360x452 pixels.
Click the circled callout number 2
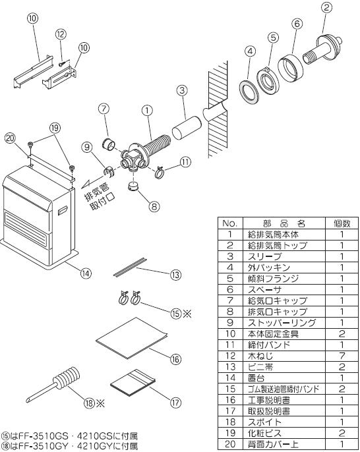coord(326,7)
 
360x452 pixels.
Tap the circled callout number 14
coord(86,273)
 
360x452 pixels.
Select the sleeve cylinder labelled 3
coord(187,128)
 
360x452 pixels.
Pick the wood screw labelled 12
coord(62,64)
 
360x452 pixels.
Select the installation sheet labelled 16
coord(132,338)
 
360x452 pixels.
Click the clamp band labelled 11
coord(160,173)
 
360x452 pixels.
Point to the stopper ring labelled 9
coord(109,172)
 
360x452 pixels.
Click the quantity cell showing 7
coord(342,356)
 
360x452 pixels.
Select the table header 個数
coord(342,223)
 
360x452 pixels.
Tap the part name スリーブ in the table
coord(264,256)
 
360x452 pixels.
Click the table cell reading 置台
coord(256,378)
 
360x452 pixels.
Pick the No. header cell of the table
coord(230,223)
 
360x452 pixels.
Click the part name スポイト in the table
coord(264,422)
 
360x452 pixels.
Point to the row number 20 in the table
coord(230,444)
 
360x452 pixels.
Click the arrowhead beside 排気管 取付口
coord(86,184)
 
